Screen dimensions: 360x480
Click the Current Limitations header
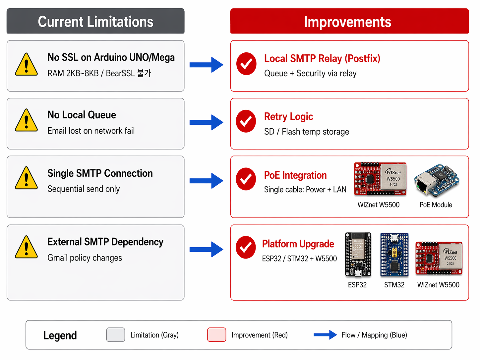point(95,21)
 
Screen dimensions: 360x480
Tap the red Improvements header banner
point(349,21)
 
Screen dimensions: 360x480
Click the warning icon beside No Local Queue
point(26,121)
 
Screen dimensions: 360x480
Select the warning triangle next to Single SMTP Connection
point(26,179)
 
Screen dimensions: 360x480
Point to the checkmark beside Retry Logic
point(246,121)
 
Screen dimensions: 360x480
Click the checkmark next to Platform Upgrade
point(246,247)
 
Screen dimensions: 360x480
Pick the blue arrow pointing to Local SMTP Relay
point(206,65)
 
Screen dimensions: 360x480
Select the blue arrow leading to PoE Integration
point(206,181)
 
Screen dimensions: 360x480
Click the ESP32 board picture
point(358,255)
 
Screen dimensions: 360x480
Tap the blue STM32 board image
point(394,255)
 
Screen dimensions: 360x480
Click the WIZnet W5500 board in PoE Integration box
point(380,179)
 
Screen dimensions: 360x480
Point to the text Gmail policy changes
point(85,258)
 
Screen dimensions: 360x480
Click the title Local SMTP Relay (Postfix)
point(322,58)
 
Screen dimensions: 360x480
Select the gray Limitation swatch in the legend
point(116,334)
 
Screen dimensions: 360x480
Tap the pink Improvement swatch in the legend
point(216,334)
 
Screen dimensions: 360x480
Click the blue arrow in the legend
point(325,335)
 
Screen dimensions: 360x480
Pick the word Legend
point(60,335)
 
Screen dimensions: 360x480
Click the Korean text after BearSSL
point(144,73)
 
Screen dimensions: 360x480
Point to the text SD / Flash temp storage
point(306,132)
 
